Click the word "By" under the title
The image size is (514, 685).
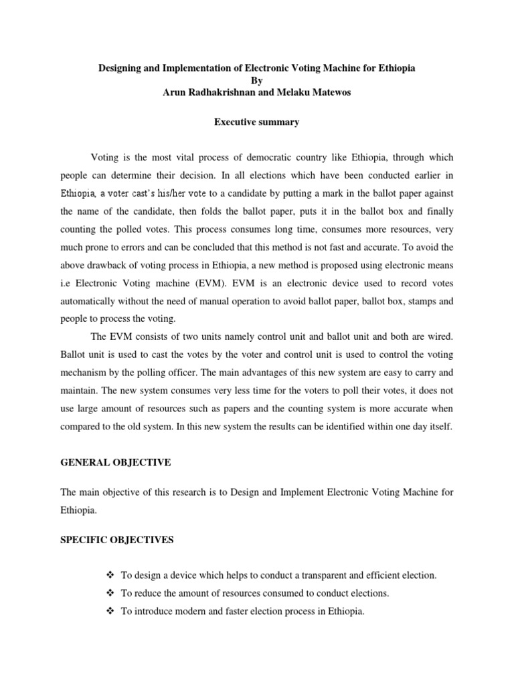[257, 80]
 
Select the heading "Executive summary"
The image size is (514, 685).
[257, 122]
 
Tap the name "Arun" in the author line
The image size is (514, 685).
[176, 92]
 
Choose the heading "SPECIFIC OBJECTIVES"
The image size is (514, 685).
[117, 540]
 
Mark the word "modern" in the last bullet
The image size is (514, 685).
[187, 610]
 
